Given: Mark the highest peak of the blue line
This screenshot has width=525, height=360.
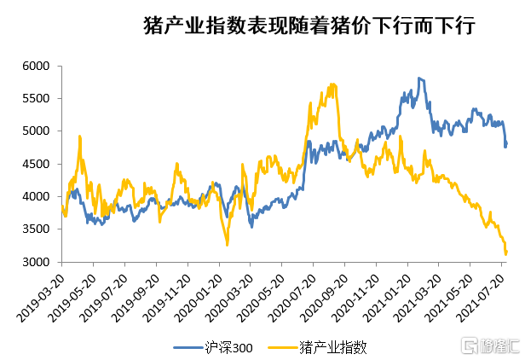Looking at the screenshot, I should coord(419,78).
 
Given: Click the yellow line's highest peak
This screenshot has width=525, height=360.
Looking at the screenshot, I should coord(332,84).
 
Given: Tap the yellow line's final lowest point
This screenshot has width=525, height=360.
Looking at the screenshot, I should coord(506,254).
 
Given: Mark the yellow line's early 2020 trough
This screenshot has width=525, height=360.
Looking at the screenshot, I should coord(227,245).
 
